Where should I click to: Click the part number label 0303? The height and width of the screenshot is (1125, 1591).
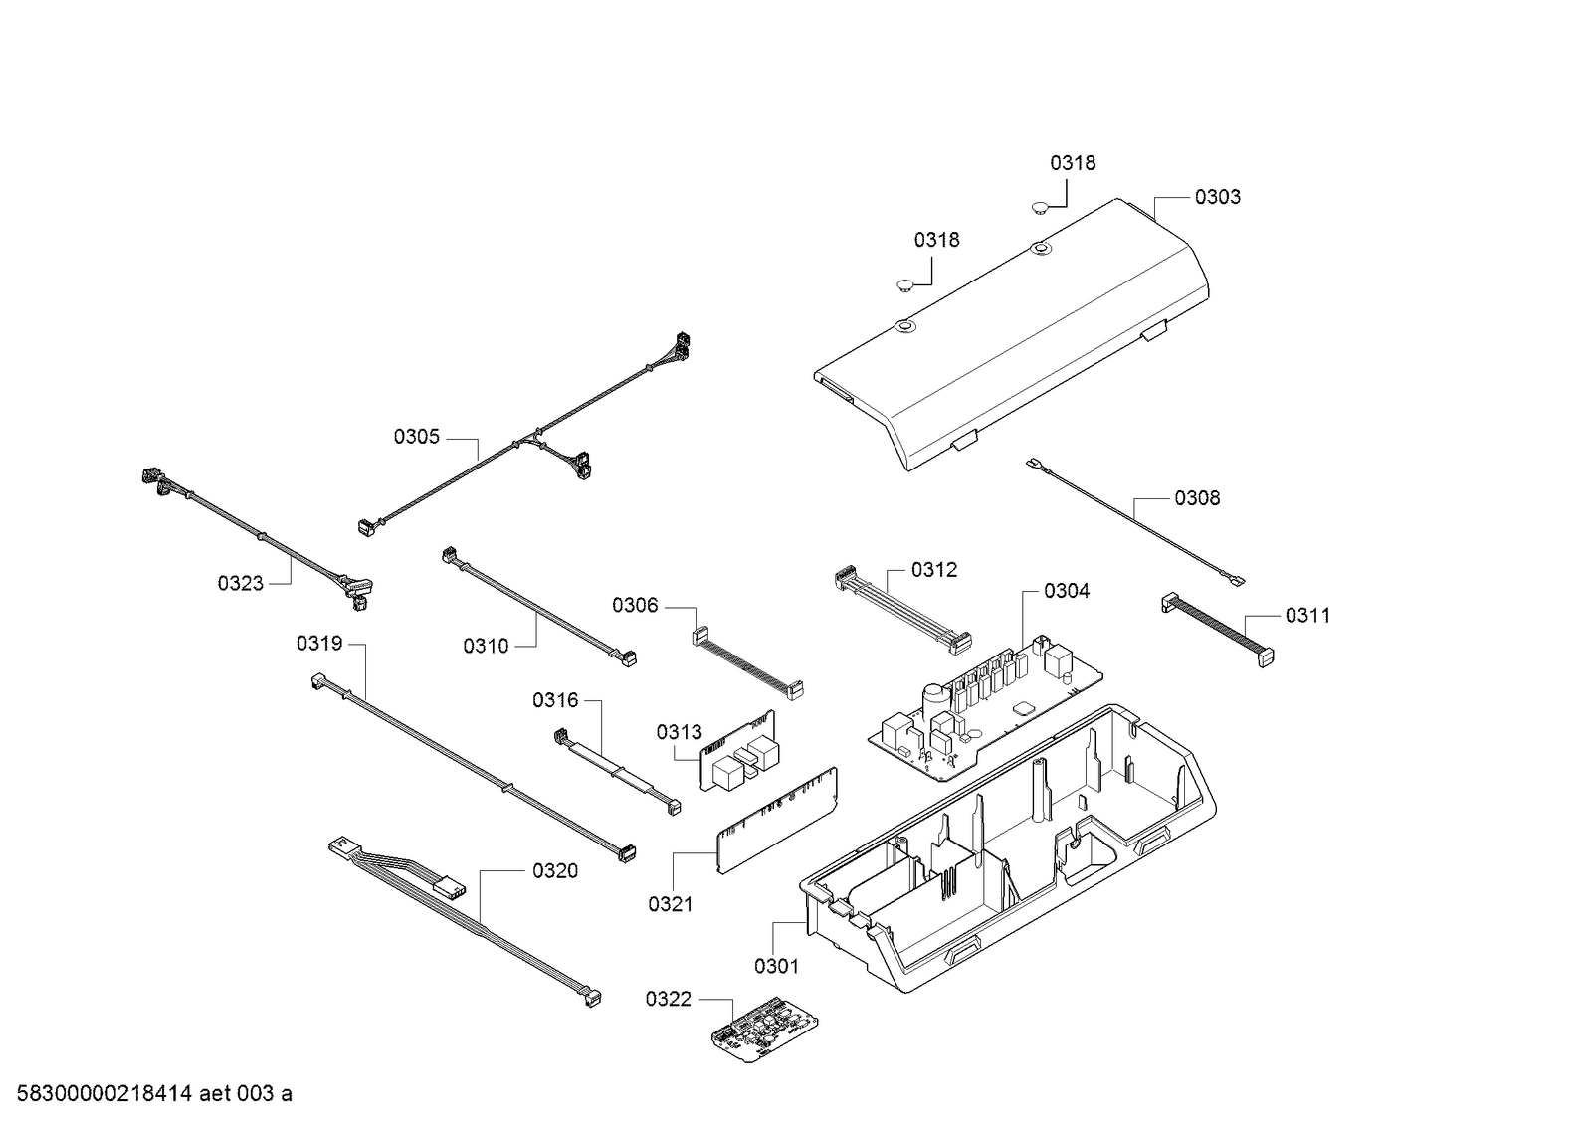click(x=1217, y=197)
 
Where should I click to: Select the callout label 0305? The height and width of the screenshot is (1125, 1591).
click(x=416, y=437)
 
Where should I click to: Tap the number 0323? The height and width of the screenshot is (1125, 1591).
click(x=241, y=583)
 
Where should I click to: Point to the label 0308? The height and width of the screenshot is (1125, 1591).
click(x=1197, y=498)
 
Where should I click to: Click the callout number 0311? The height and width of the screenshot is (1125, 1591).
click(x=1306, y=616)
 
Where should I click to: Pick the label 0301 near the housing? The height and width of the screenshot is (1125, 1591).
click(x=776, y=966)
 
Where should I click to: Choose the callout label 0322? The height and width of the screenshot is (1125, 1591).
click(x=668, y=999)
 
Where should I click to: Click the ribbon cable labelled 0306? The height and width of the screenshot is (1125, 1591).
click(x=749, y=661)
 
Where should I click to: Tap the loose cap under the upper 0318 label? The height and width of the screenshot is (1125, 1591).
click(x=1040, y=208)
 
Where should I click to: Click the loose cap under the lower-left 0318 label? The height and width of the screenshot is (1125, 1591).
click(x=904, y=285)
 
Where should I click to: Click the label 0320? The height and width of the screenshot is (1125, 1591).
click(x=554, y=871)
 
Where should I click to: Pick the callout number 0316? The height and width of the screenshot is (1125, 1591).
click(x=554, y=700)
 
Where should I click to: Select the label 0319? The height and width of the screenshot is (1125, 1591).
click(x=318, y=644)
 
